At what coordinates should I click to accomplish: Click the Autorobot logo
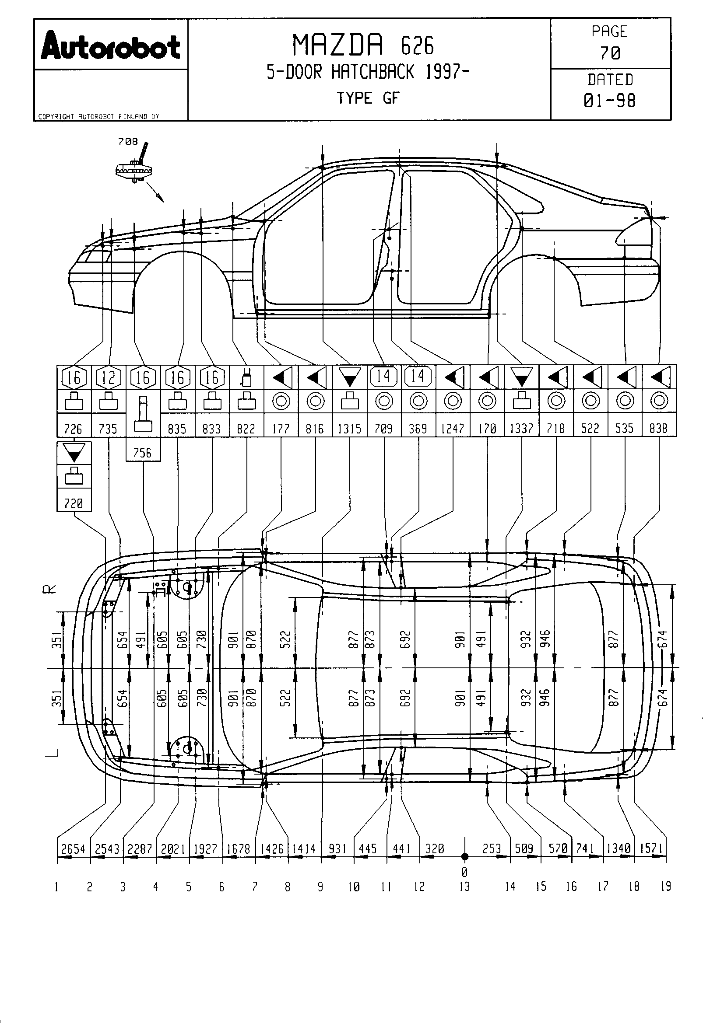(x=111, y=45)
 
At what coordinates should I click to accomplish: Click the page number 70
(x=610, y=53)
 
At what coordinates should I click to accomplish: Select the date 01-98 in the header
(x=610, y=101)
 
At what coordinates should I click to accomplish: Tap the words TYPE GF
(x=368, y=98)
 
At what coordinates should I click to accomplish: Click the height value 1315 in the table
(x=349, y=429)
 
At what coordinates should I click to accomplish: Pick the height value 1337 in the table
(x=522, y=429)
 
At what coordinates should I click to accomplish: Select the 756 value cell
(x=143, y=453)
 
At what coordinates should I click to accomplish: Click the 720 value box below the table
(x=74, y=503)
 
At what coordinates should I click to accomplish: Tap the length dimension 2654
(x=73, y=849)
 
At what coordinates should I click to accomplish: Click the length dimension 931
(x=337, y=849)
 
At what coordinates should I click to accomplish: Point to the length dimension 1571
(x=651, y=849)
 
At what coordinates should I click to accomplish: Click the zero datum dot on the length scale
(x=464, y=856)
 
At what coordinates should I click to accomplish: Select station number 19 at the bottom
(x=666, y=887)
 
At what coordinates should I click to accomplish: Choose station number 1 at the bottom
(x=56, y=887)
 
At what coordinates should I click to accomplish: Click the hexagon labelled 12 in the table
(x=108, y=378)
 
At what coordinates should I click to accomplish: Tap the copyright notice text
(x=98, y=117)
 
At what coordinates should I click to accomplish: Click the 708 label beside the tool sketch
(x=127, y=142)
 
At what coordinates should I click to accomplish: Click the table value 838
(x=658, y=429)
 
